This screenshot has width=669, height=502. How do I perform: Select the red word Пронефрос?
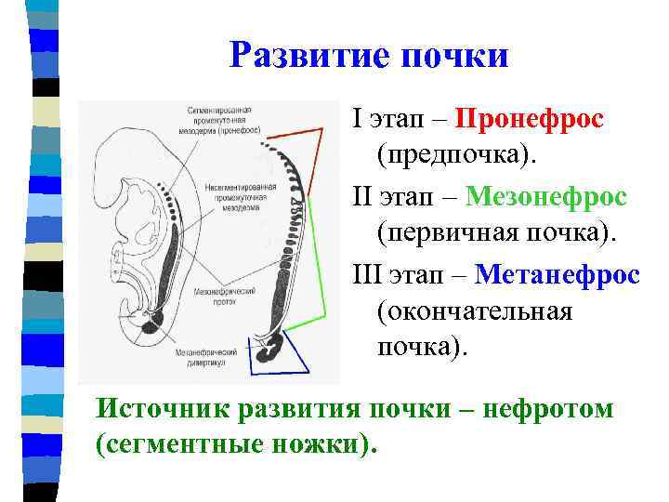point(531,120)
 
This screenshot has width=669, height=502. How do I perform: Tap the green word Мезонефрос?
point(545,197)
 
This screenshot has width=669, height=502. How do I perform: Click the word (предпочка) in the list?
point(456,152)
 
